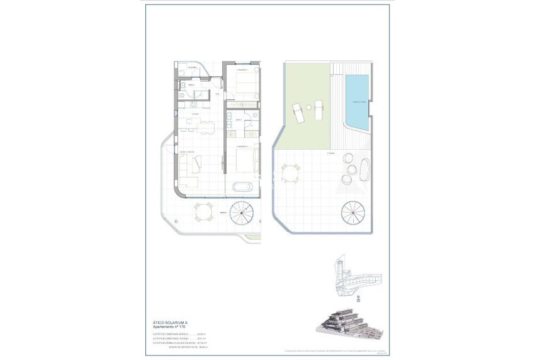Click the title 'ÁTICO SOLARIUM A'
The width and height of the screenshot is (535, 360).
[169, 321]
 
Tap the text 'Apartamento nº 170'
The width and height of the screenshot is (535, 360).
[171, 327]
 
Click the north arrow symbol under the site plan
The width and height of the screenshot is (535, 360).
[358, 298]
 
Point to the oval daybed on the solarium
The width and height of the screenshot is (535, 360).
[364, 169]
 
